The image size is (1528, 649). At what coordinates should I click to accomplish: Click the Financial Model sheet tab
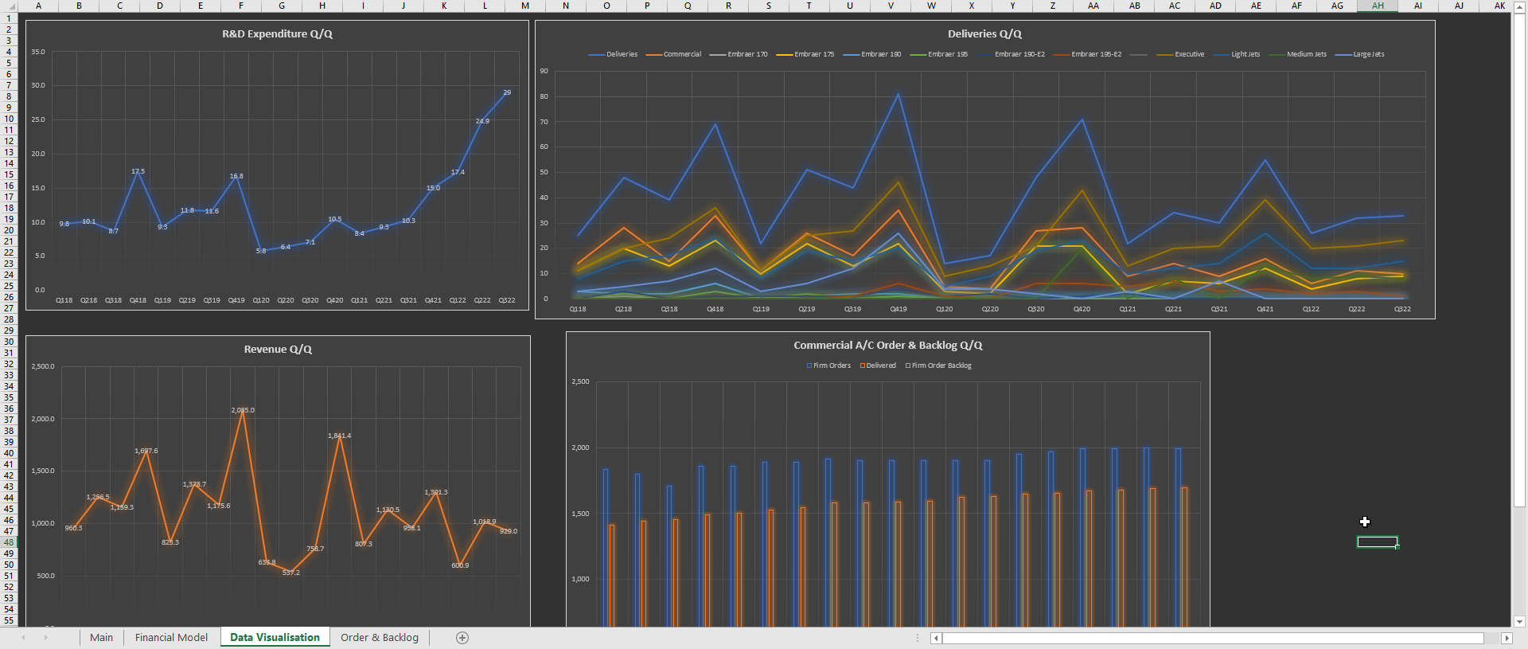(171, 637)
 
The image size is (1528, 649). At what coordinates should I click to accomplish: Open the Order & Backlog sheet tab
(379, 637)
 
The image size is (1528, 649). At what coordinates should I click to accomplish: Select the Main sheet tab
(101, 637)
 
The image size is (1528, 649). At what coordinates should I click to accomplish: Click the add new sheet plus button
(462, 637)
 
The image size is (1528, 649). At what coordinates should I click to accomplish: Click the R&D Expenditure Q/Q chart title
(277, 34)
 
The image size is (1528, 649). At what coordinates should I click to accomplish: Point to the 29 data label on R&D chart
(507, 92)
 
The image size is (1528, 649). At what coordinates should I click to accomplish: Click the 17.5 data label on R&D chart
(138, 171)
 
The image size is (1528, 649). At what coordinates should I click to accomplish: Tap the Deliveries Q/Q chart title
(984, 34)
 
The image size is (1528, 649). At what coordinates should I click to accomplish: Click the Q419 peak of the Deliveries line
(898, 94)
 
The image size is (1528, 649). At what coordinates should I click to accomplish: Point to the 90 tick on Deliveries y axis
(544, 71)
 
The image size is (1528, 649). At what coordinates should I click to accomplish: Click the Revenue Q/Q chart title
(278, 350)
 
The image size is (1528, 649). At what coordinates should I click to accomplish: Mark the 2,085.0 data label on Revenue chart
(243, 410)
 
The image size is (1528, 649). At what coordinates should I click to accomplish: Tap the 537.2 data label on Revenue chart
(290, 573)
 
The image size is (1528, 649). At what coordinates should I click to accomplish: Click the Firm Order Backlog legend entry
(941, 366)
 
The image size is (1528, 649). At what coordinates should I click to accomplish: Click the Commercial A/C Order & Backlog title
(887, 346)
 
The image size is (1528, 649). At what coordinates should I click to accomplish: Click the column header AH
(1378, 6)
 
